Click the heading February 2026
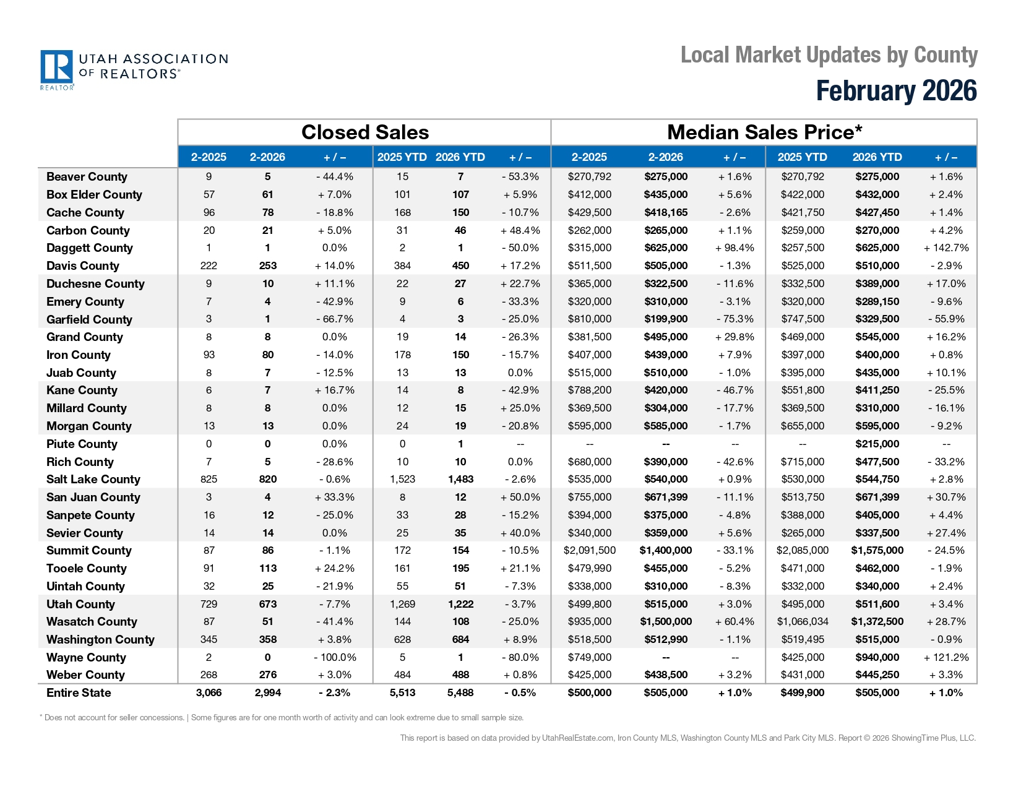tap(896, 91)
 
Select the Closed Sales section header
tap(364, 132)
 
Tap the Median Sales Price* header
tap(764, 132)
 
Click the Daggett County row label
tap(89, 248)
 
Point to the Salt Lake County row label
tap(93, 480)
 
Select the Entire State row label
tap(79, 693)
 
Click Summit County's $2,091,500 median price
tap(589, 551)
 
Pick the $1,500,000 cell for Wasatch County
tap(665, 622)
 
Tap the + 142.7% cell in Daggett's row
tap(946, 248)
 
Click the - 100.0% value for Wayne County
tap(334, 658)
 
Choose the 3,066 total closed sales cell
tap(209, 693)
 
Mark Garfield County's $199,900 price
tap(665, 319)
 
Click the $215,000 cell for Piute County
tap(877, 444)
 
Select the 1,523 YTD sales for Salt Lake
tap(402, 480)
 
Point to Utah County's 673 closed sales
tap(267, 605)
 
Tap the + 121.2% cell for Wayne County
tap(946, 658)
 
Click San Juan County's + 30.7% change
tap(946, 498)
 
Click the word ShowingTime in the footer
tap(913, 738)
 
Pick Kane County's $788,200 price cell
tap(589, 390)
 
